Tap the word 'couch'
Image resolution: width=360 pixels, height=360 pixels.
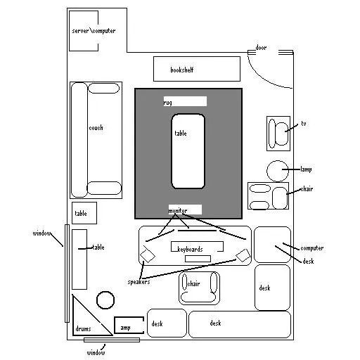[96, 128]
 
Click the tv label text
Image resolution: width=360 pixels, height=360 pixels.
[304, 124]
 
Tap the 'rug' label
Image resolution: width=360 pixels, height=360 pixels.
[167, 103]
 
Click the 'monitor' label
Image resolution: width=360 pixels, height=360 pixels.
[178, 211]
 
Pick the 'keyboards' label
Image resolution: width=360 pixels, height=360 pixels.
[190, 249]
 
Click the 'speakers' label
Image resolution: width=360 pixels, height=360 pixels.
[139, 282]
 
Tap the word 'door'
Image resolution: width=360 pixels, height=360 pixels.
[261, 48]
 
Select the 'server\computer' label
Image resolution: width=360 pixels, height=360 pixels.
[94, 31]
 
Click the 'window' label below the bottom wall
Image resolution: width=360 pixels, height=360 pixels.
[96, 352]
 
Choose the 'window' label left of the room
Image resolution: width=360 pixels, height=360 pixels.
[41, 233]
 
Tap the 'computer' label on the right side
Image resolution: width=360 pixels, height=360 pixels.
[312, 248]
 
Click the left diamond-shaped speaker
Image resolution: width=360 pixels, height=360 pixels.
[148, 255]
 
